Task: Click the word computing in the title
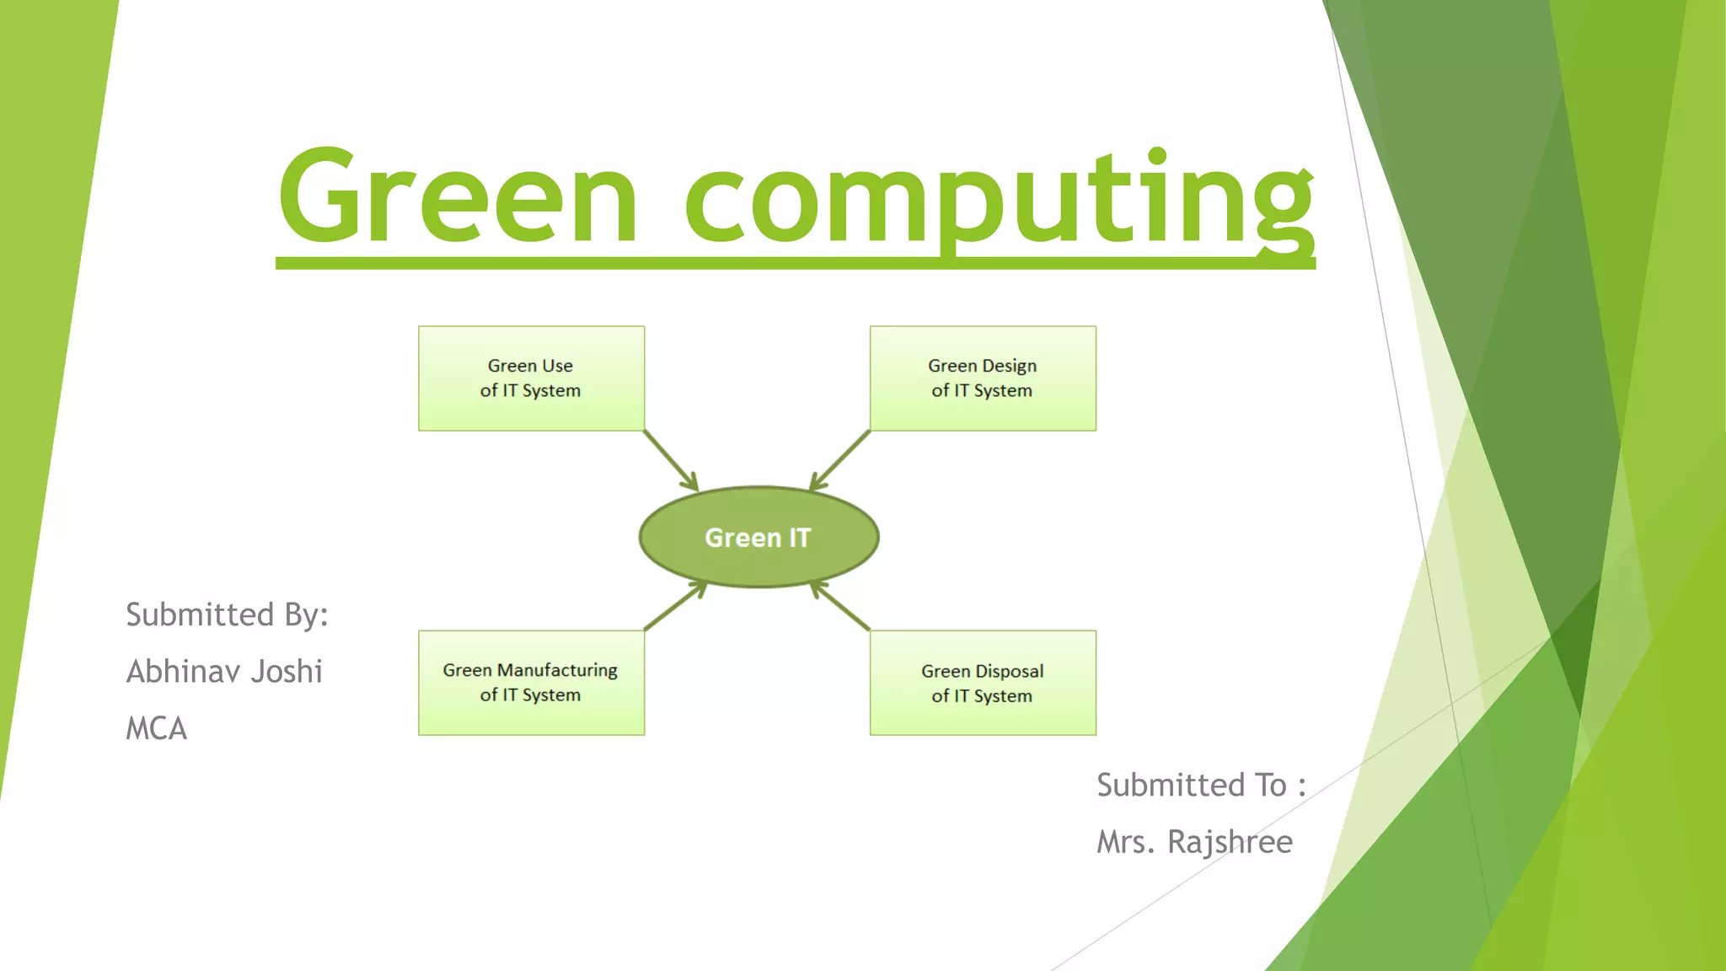click(x=999, y=198)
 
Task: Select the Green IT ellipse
click(x=758, y=537)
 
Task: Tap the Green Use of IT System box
click(x=531, y=378)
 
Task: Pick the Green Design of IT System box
click(x=983, y=378)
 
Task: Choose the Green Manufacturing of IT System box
click(x=531, y=683)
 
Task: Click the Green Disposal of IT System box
click(x=983, y=684)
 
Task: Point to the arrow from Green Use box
click(x=671, y=460)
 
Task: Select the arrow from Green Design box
click(x=839, y=461)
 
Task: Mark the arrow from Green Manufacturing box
click(x=675, y=605)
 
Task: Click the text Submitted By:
click(x=227, y=615)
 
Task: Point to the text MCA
click(x=157, y=728)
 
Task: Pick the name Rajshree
click(x=1230, y=842)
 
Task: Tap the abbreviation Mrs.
click(x=1125, y=842)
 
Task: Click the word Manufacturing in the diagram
click(x=557, y=670)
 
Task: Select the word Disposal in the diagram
click(x=1010, y=671)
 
